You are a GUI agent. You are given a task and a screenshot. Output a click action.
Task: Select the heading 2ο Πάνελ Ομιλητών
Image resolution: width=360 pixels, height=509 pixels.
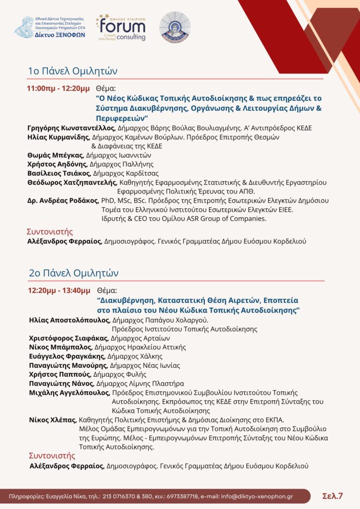click(x=73, y=273)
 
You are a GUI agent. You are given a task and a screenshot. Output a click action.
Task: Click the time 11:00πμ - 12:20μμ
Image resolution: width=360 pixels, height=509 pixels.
click(x=59, y=89)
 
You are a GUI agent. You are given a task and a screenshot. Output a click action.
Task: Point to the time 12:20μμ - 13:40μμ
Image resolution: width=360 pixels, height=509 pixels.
click(x=59, y=290)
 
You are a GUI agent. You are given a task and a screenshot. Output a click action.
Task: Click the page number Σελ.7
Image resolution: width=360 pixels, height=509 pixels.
click(x=333, y=496)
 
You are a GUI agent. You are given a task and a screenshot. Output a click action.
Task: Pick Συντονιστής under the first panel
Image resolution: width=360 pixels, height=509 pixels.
click(x=49, y=232)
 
